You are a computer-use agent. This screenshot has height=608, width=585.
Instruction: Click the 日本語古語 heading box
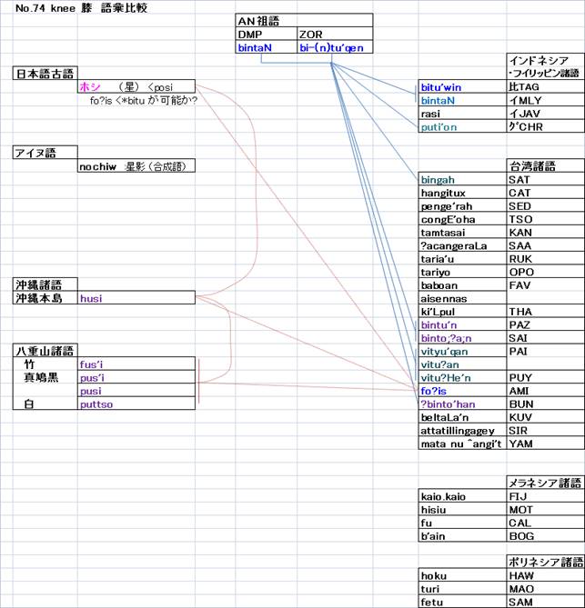[45, 73]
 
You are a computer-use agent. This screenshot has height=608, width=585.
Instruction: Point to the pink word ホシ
[90, 86]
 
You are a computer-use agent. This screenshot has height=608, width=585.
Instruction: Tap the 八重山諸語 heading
[45, 350]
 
